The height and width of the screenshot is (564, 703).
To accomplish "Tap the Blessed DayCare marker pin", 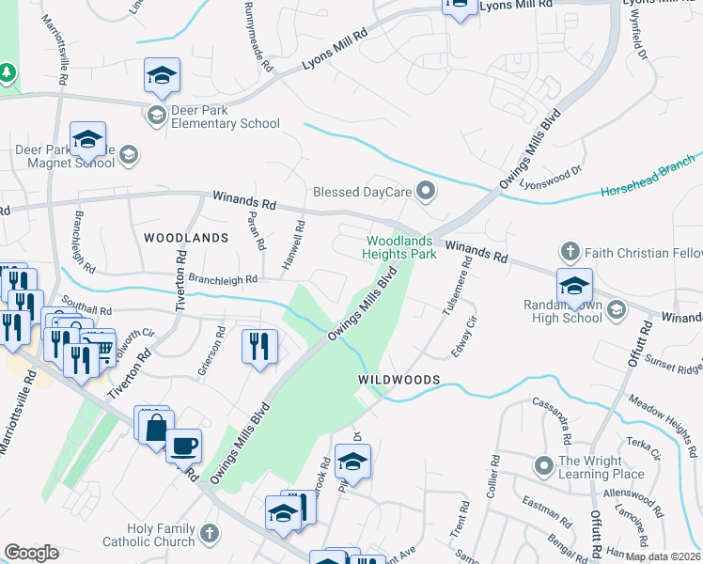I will [427, 193].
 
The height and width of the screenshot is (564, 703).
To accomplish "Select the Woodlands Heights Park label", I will [401, 247].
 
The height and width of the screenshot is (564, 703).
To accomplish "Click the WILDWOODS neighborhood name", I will [399, 378].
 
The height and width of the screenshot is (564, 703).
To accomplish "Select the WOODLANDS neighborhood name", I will [186, 238].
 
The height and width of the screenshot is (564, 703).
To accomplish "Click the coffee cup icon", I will [183, 445].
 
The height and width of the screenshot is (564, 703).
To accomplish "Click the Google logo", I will [31, 553].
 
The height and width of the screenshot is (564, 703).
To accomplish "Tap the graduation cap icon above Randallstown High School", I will [574, 287].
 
